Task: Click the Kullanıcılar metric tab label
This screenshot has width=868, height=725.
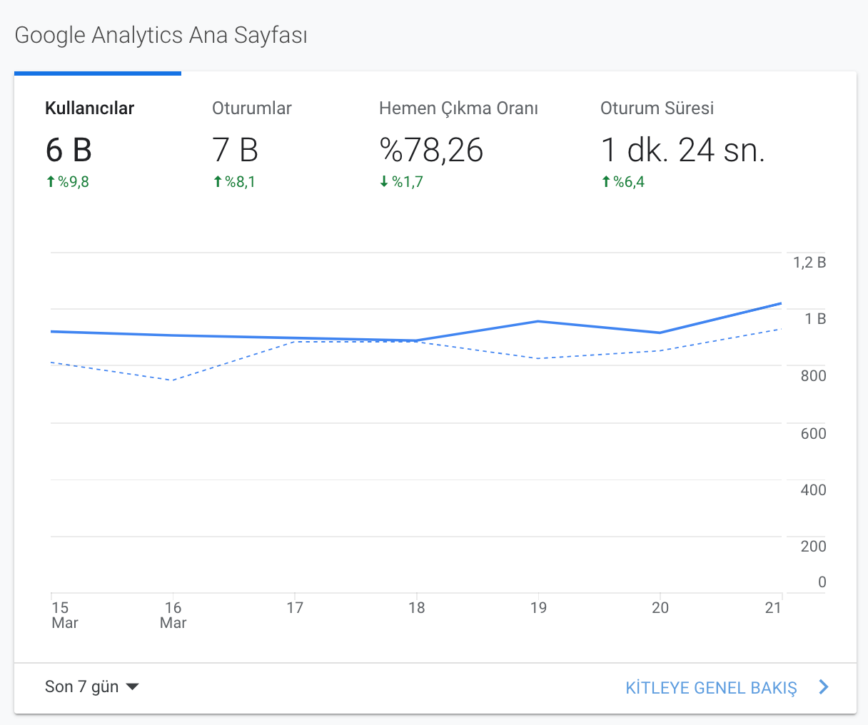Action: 89,108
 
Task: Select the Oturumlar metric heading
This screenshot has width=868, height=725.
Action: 251,108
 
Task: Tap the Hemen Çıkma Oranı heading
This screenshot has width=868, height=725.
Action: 458,108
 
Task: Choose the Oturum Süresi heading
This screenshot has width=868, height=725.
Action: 657,108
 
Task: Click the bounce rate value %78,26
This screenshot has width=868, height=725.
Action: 431,150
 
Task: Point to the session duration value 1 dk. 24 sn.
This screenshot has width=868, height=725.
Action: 682,150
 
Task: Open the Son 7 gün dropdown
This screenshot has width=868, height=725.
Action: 92,686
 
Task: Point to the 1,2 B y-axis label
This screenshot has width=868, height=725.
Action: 809,263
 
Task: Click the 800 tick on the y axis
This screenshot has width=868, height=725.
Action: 813,376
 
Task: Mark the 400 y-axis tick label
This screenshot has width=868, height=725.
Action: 813,490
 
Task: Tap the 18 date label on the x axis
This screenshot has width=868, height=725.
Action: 417,608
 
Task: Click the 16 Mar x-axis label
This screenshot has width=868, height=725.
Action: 173,615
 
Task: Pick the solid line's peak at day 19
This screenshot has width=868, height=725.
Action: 538,321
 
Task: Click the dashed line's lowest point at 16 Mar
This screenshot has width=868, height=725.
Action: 173,380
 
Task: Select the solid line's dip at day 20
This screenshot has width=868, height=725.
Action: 660,333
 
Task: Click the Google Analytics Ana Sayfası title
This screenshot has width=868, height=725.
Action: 161,36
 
